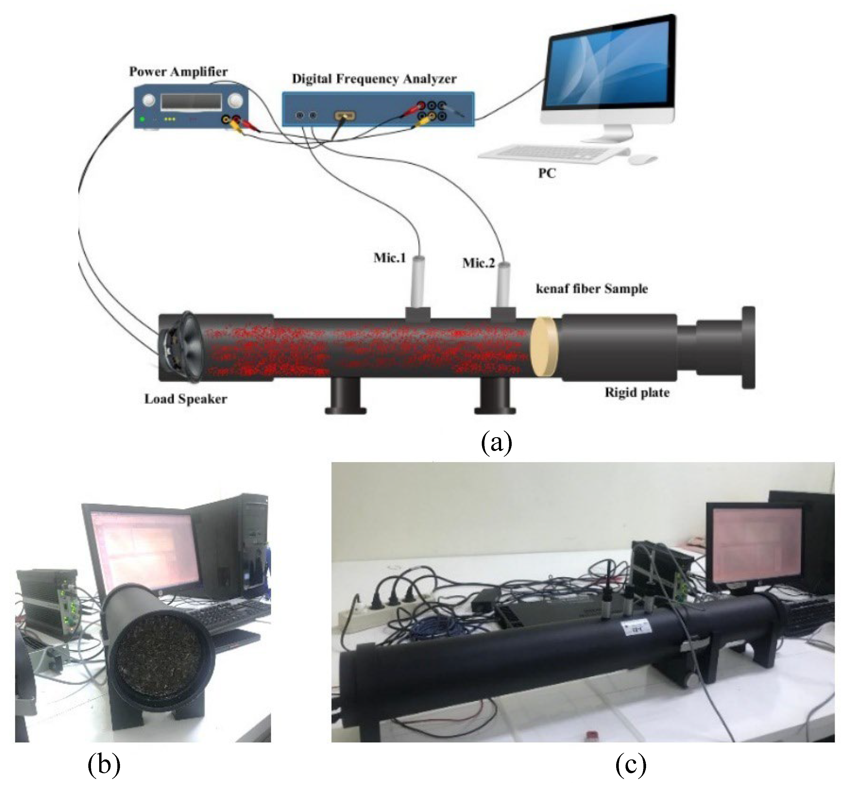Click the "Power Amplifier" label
[x=178, y=71]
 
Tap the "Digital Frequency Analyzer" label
[x=374, y=79]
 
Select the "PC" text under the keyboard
[x=547, y=174]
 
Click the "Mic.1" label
[x=389, y=258]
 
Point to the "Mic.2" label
[x=479, y=263]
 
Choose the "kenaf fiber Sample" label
[x=592, y=289]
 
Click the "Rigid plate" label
[x=637, y=392]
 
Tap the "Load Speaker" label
[x=186, y=399]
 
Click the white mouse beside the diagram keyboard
[x=642, y=159]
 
